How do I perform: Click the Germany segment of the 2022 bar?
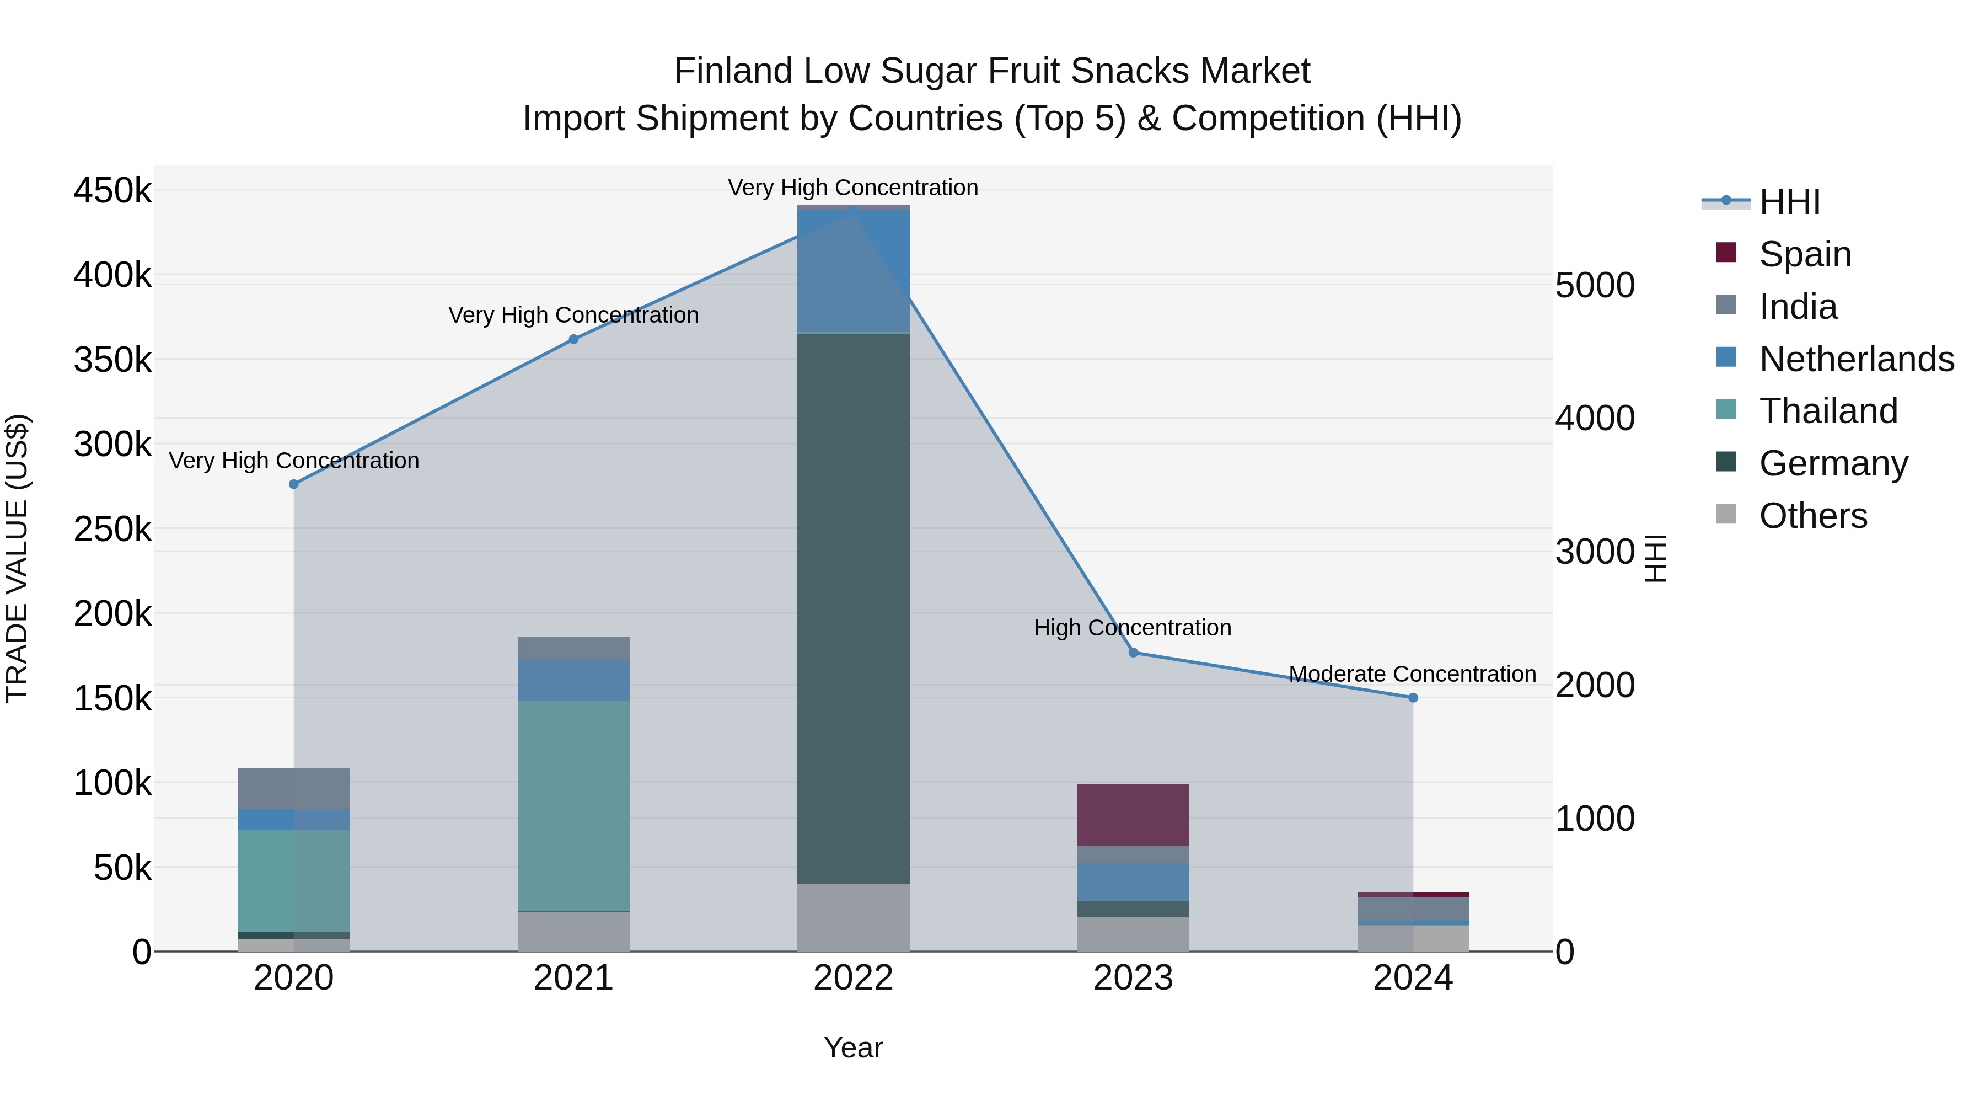click(x=853, y=608)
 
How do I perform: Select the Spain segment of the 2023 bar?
click(x=1133, y=815)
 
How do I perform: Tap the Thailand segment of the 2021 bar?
click(x=573, y=805)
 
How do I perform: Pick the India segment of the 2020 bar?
click(x=293, y=788)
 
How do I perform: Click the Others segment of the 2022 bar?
click(x=853, y=917)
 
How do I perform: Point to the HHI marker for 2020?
click(x=293, y=484)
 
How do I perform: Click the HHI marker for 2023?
click(x=1133, y=653)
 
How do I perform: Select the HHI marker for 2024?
click(x=1413, y=698)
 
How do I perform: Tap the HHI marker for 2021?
click(x=573, y=339)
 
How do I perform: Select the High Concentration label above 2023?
click(x=1132, y=628)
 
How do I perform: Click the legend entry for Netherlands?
click(x=1857, y=359)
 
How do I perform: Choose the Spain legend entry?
click(x=1805, y=254)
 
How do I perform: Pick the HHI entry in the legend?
click(x=1789, y=202)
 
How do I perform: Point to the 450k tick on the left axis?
click(x=112, y=190)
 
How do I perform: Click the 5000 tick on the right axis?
click(x=1594, y=285)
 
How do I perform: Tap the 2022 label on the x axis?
click(x=853, y=978)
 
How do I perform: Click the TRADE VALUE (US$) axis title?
click(x=17, y=558)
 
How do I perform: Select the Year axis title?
click(x=853, y=1047)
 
